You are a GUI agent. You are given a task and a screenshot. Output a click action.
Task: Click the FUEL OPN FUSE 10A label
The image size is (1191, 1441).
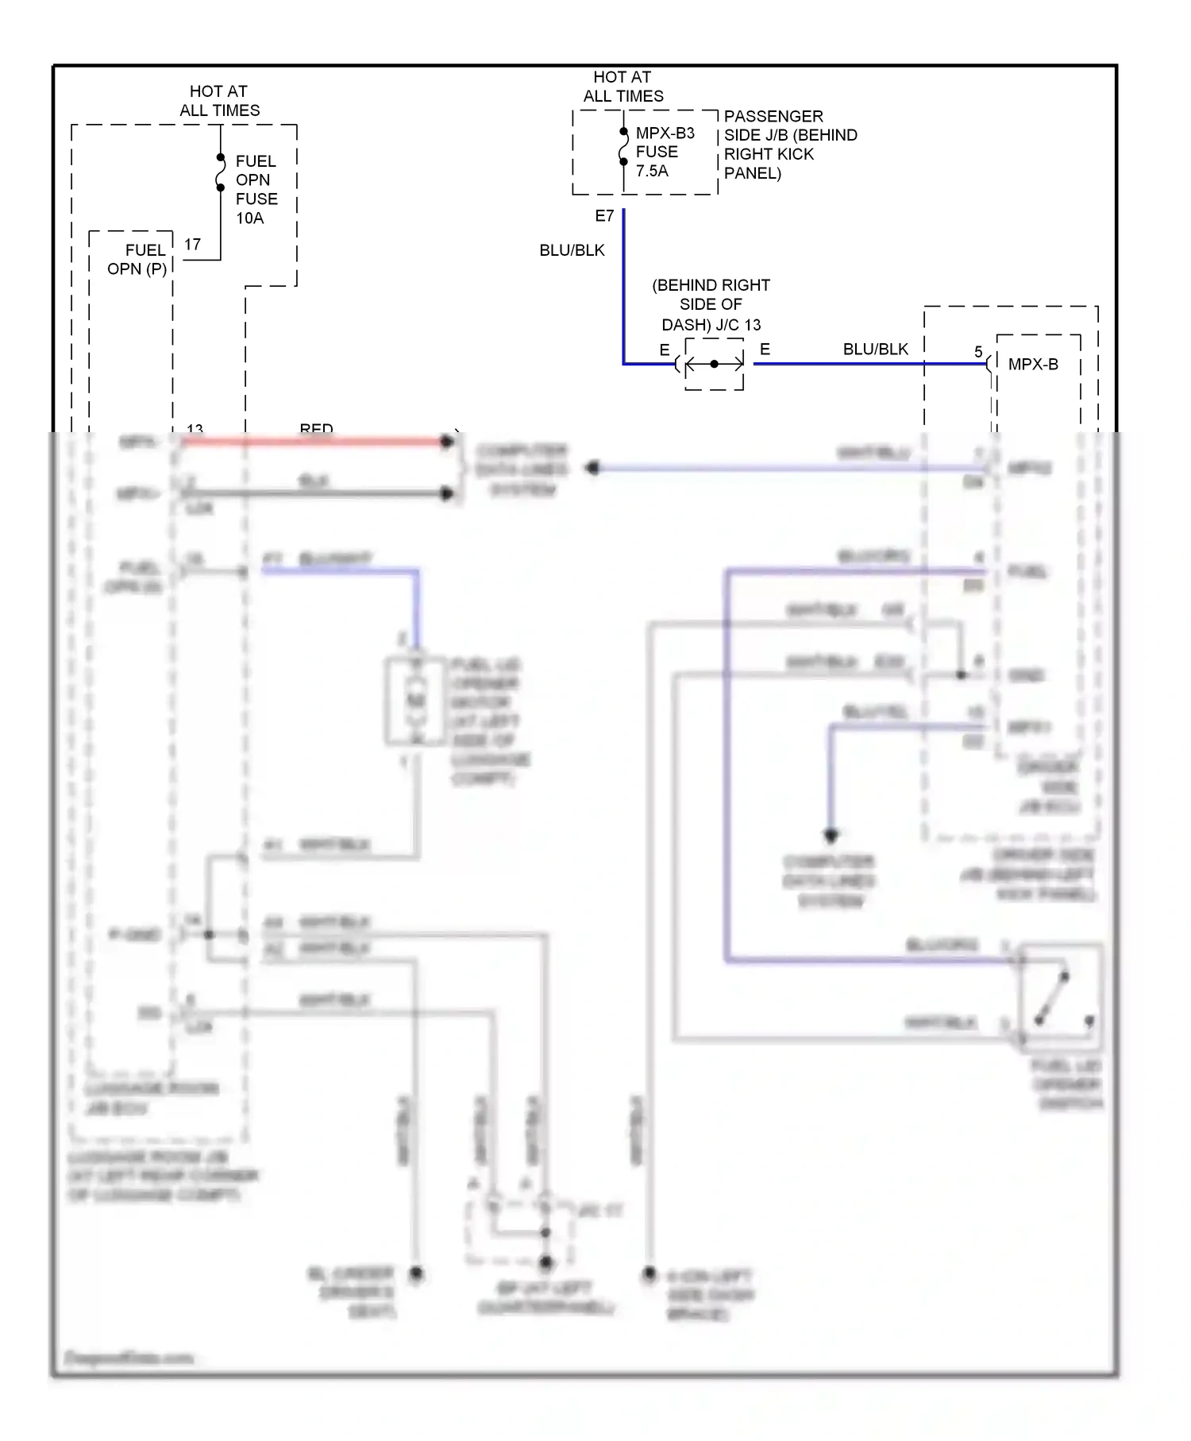point(256,189)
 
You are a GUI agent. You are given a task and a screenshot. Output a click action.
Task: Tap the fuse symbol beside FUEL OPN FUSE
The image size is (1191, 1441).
point(221,173)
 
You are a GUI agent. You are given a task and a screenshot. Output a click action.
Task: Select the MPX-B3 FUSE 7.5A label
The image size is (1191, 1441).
point(664,152)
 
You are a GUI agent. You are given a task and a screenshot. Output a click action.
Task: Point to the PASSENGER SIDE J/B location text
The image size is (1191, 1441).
point(789,145)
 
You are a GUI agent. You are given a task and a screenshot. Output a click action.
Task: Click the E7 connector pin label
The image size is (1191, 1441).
point(604,216)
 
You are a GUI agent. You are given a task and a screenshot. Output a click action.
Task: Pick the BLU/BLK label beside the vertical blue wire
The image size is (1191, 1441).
point(572,250)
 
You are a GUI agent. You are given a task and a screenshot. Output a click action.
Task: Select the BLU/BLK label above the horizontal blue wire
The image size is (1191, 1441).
point(875,349)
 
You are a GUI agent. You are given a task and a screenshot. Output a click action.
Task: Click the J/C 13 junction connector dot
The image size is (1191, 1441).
point(714,364)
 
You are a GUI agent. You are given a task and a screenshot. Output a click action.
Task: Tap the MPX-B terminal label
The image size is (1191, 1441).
point(1032,365)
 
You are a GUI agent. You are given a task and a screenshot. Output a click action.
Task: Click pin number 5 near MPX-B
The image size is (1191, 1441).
point(978,351)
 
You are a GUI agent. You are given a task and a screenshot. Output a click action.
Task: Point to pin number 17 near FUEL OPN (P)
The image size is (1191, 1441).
point(192,245)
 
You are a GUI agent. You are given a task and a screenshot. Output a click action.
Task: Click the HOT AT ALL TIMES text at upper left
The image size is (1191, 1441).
point(219,101)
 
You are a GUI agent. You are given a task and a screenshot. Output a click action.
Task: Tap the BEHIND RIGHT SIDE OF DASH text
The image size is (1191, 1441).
point(711,304)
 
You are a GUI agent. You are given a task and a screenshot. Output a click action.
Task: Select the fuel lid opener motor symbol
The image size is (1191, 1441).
point(415,701)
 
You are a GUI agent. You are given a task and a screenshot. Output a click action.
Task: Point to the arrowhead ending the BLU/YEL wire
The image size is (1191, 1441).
point(831,836)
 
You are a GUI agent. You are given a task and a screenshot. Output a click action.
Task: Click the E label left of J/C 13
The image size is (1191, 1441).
point(664,350)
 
